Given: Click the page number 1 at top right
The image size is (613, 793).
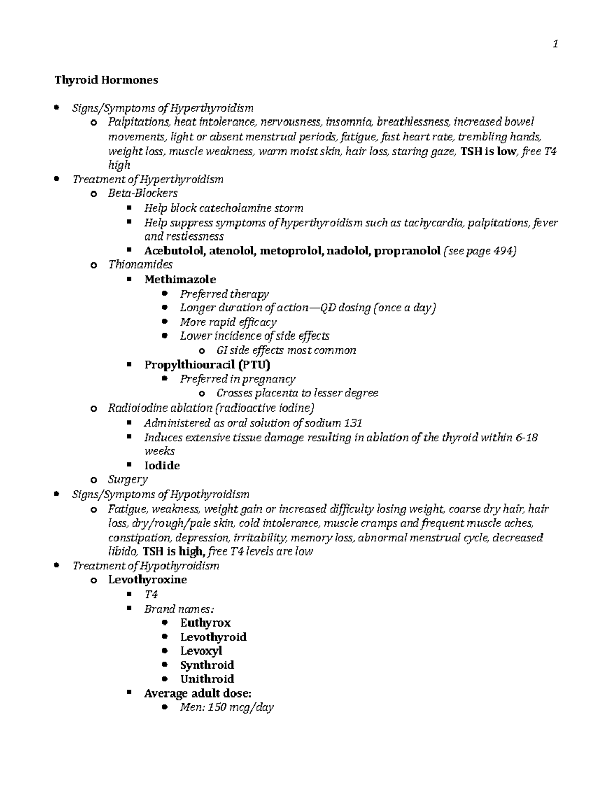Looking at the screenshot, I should point(555,45).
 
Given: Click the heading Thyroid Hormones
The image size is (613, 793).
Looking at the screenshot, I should point(107,80).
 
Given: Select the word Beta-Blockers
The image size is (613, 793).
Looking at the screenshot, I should point(143,193).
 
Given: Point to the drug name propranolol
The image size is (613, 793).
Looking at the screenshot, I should point(407,251).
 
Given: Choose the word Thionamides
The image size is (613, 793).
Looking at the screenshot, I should point(140,265).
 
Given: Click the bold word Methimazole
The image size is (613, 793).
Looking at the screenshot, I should point(180,279).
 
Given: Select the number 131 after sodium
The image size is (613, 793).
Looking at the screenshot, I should point(353,423).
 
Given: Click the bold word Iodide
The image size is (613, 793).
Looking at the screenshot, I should point(162,465).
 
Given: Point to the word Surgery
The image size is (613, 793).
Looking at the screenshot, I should point(127,479).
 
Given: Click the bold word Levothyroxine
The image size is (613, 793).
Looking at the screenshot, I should point(147,580).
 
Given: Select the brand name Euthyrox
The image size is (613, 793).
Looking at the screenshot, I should point(205,622).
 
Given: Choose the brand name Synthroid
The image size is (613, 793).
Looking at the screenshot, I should point(207,665).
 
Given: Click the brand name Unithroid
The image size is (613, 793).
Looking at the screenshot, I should point(207,679).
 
